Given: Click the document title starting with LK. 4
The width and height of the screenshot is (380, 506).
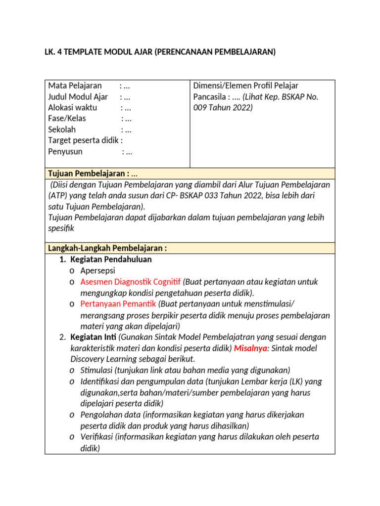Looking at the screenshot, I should [x=159, y=51].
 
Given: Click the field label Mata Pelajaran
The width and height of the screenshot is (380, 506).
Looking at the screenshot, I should [x=75, y=85].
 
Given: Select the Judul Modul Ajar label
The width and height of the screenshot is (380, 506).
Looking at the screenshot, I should [x=78, y=96].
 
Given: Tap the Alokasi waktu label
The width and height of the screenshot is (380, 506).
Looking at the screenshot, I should [x=72, y=107].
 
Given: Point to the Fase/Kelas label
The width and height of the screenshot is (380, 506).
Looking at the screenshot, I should [x=67, y=119].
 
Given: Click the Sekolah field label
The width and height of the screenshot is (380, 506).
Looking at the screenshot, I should [x=62, y=129].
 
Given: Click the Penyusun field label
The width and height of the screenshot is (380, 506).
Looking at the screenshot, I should [x=65, y=152].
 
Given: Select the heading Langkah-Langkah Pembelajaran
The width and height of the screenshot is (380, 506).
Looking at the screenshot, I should [x=107, y=248].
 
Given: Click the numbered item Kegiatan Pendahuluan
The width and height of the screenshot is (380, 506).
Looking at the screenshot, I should [x=111, y=259].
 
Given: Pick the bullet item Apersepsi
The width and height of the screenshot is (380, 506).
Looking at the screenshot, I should [x=97, y=271].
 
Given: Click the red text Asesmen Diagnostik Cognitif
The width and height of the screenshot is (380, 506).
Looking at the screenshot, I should [x=131, y=282].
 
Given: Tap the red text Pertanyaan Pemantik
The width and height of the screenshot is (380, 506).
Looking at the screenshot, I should [x=118, y=303].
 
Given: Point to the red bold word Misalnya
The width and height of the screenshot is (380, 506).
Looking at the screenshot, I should [x=250, y=348].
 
